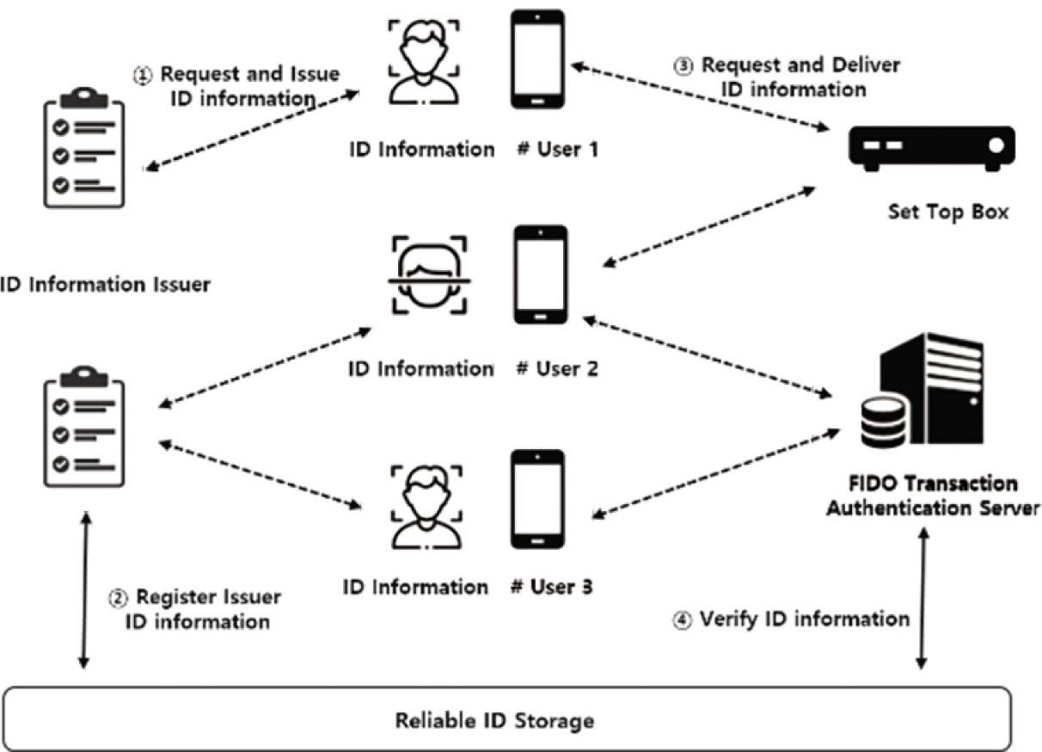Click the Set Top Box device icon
(932, 147)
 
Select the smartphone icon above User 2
(541, 274)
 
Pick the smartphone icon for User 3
(537, 499)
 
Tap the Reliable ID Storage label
(493, 719)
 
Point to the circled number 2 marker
(118, 597)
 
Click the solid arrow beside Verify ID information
(922, 598)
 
